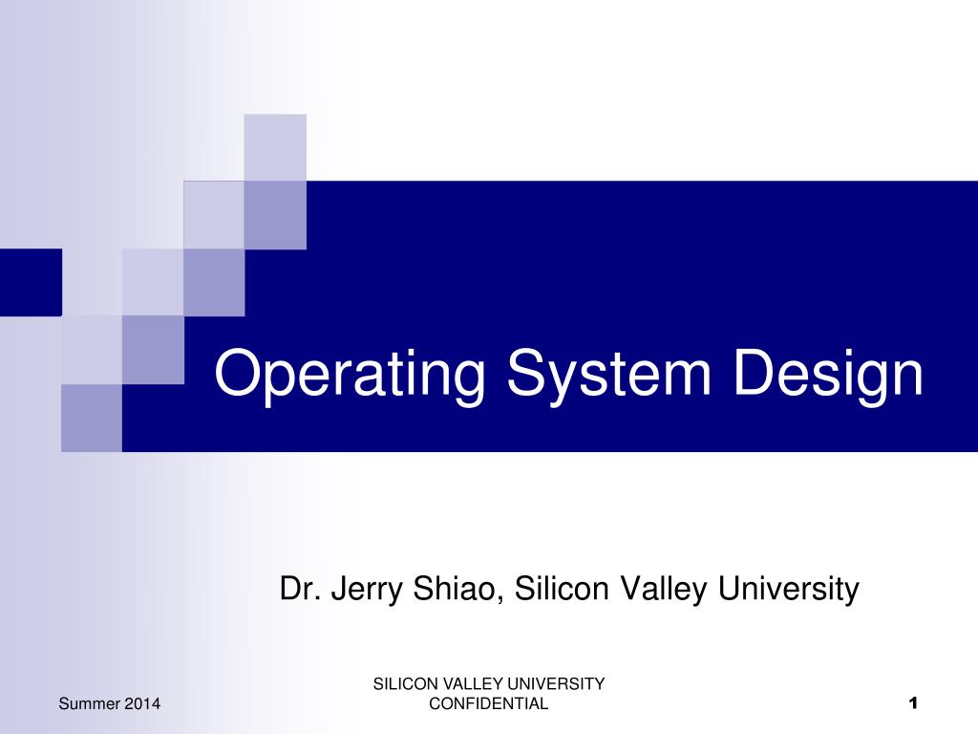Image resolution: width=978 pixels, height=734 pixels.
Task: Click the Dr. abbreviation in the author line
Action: [x=299, y=588]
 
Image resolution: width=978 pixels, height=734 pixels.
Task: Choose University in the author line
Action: [x=789, y=590]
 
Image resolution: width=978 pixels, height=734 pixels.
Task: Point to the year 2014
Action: [x=141, y=704]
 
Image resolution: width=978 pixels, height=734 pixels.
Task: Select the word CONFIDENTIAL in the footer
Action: [x=489, y=704]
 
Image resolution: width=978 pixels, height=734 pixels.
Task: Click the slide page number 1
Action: [x=912, y=704]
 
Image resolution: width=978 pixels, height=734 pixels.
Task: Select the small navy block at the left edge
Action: [x=31, y=282]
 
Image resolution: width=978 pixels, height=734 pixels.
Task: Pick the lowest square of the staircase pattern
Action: [x=92, y=418]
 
